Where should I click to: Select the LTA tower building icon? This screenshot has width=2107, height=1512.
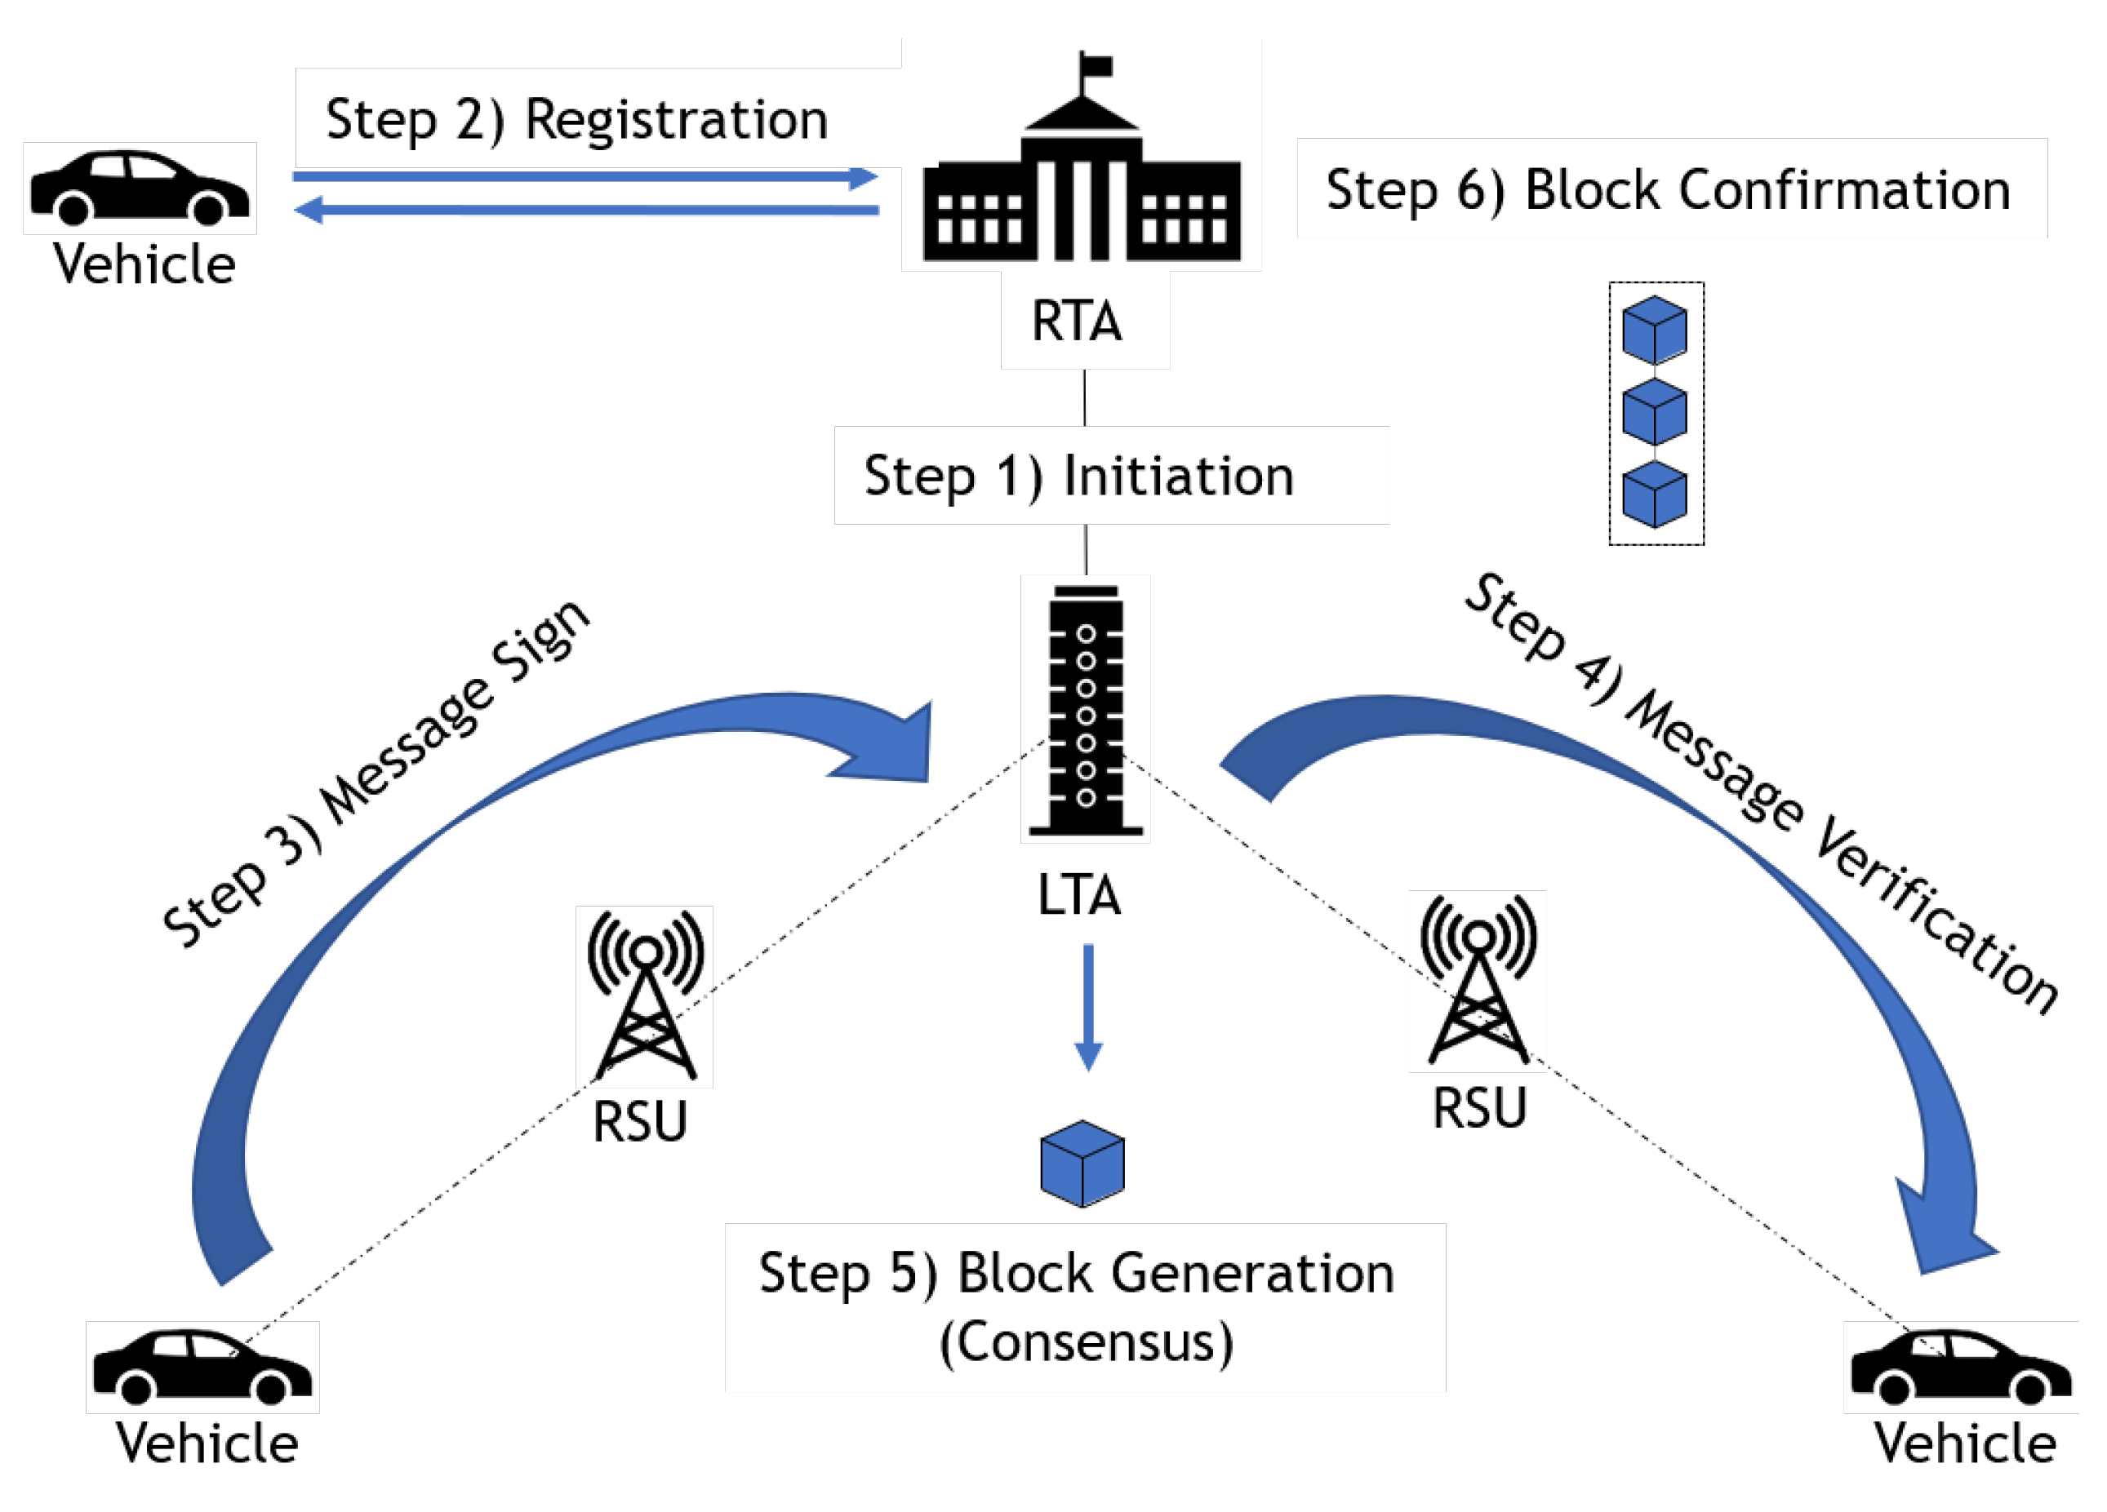1085,711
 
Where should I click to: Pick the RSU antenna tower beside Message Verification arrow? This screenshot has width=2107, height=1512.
1477,980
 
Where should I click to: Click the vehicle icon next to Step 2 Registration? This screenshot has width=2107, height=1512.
140,188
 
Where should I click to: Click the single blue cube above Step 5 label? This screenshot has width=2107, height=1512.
1082,1164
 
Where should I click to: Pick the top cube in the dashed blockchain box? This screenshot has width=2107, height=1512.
1655,330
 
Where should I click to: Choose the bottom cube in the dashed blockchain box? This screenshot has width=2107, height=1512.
1655,494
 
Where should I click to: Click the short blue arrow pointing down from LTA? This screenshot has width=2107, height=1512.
1088,1008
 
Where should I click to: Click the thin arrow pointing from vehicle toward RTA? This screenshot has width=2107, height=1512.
585,176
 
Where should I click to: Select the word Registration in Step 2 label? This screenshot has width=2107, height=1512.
676,121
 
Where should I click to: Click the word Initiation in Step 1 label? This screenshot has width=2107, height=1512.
1178,477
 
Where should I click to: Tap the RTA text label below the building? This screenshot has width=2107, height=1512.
1078,321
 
